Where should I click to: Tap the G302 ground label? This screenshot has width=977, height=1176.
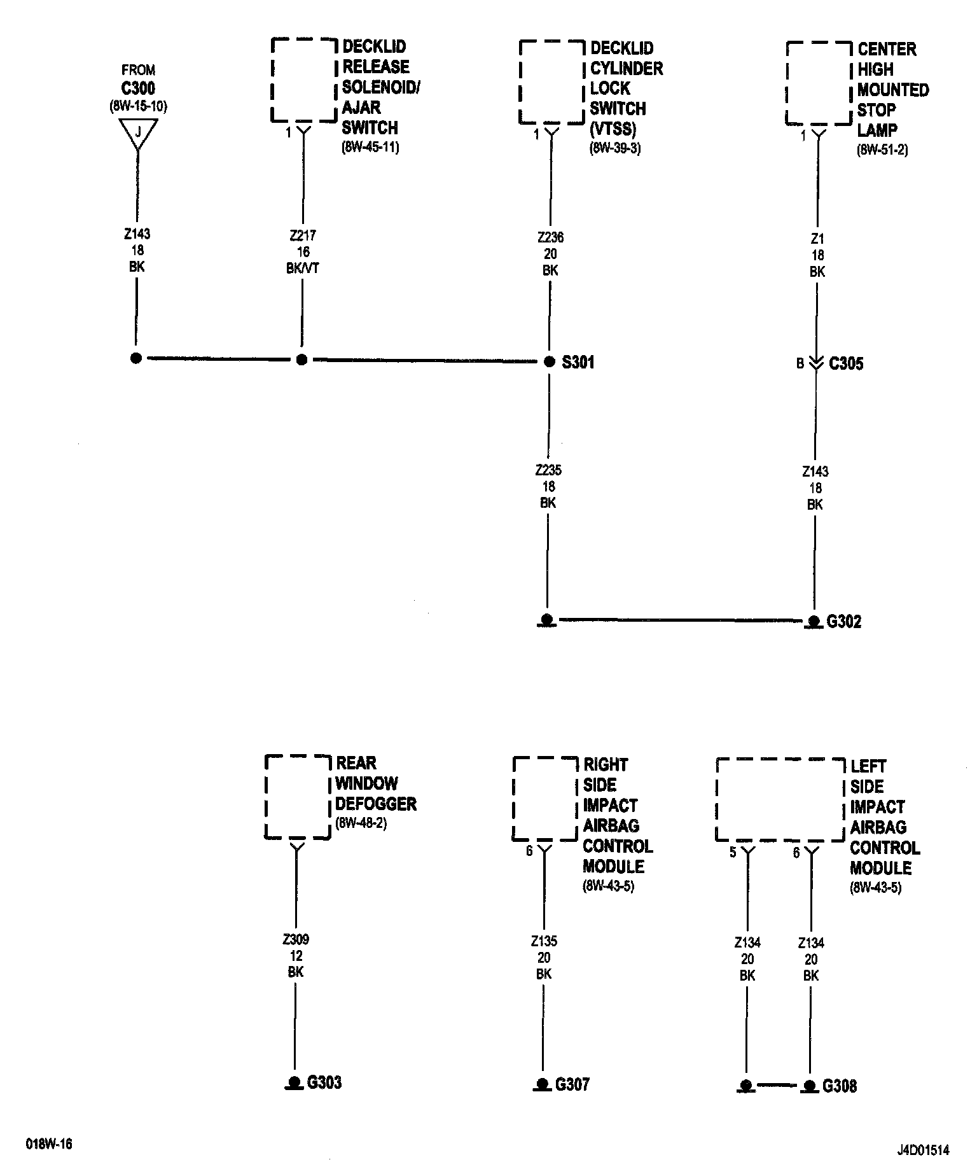click(843, 622)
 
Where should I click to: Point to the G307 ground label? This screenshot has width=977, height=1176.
click(572, 1084)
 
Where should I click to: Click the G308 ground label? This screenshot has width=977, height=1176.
click(839, 1086)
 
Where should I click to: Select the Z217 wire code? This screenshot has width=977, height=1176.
click(303, 236)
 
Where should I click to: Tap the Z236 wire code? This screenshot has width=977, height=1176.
click(550, 238)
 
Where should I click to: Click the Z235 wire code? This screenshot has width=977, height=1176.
click(548, 471)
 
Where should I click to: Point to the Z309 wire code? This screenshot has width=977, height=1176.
click(296, 940)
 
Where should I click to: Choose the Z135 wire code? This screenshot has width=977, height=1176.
click(544, 942)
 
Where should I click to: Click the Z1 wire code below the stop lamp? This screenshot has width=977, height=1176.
click(817, 239)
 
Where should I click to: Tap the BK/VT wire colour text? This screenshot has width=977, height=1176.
click(303, 269)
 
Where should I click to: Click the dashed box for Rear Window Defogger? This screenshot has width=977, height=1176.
click(298, 797)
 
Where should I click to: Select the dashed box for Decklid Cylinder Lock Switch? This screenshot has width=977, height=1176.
click(551, 83)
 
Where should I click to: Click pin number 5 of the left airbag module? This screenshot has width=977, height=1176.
click(733, 853)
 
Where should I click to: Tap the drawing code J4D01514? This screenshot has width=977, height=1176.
click(923, 1151)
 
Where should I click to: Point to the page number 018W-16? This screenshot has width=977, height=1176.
click(49, 1144)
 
